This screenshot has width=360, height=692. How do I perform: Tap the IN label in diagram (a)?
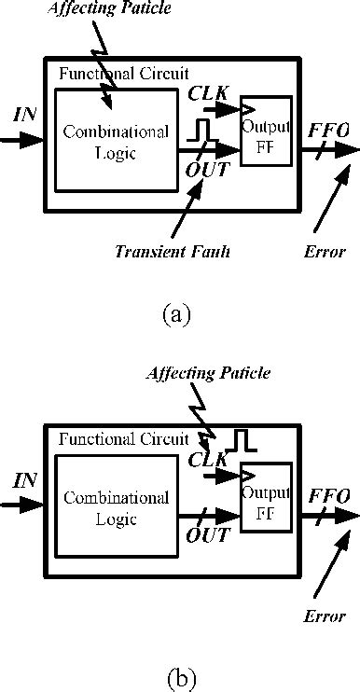tap(25, 115)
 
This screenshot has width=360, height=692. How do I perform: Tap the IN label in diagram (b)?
tap(25, 481)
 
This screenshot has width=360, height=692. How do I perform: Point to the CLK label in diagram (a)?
tap(207, 94)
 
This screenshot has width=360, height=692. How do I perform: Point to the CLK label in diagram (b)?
tap(207, 459)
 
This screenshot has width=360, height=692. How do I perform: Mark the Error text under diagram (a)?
tap(325, 251)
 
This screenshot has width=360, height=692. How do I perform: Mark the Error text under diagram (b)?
tap(325, 616)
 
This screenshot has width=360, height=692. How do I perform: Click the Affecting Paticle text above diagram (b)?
tap(209, 373)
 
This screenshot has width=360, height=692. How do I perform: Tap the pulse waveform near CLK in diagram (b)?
tap(240, 439)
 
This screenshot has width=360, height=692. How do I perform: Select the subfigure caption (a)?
tap(176, 313)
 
